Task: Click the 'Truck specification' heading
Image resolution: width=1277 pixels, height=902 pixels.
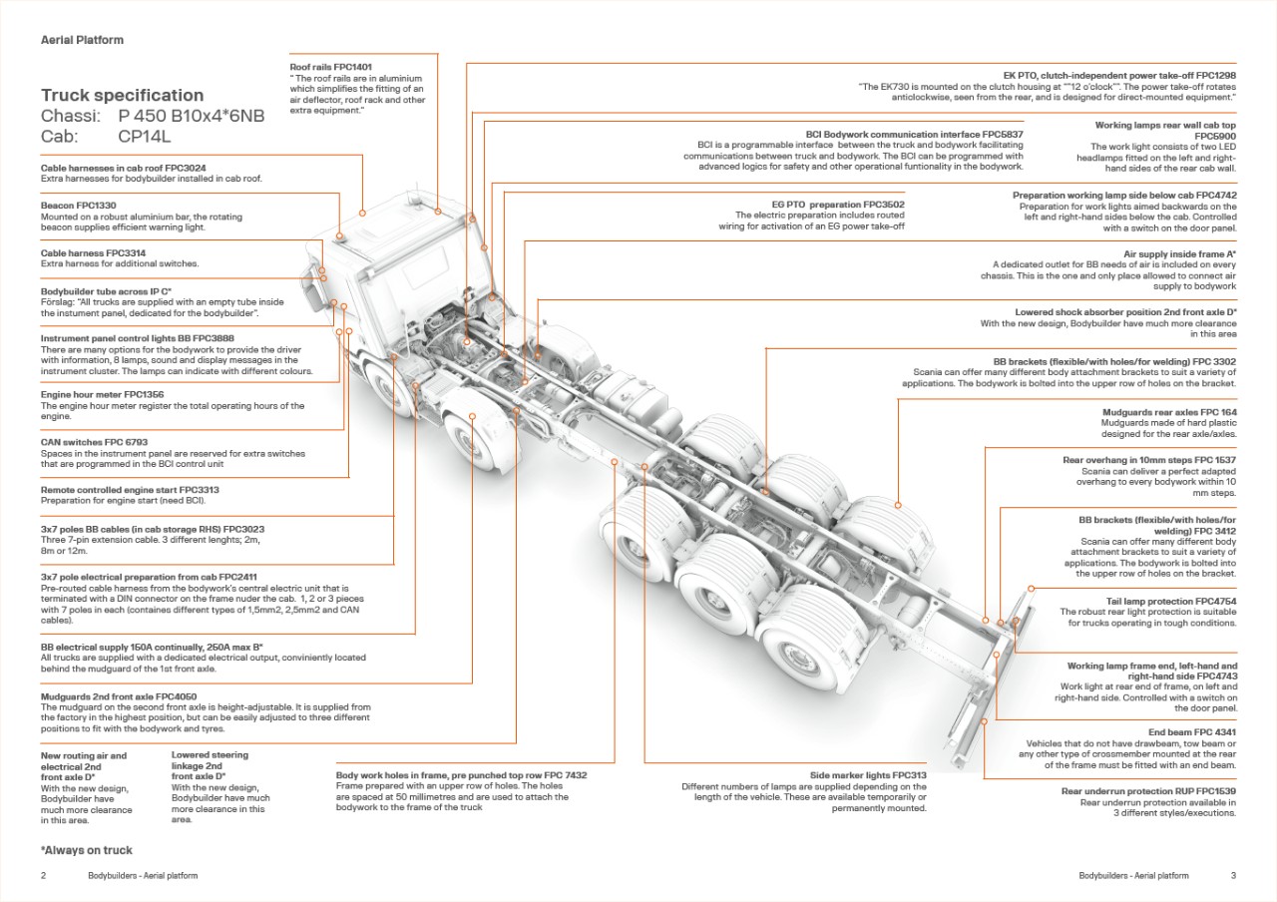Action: (122, 96)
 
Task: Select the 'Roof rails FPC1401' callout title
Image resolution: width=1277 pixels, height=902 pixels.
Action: (330, 67)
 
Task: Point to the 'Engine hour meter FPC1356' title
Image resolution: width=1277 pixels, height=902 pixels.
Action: (102, 395)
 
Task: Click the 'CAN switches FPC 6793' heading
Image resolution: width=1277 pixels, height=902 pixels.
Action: (94, 442)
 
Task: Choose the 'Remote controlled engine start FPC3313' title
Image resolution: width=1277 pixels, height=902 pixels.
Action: (130, 490)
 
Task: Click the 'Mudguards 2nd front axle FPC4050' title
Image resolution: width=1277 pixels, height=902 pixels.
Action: (119, 696)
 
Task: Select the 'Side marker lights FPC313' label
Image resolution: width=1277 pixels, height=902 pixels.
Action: (868, 775)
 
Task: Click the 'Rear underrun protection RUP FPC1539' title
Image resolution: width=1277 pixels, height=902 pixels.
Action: (1148, 791)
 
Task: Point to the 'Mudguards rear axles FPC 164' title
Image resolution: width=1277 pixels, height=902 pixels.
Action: (1169, 412)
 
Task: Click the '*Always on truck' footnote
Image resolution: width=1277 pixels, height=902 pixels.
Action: (86, 850)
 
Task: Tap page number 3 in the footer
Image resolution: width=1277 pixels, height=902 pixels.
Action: (1233, 876)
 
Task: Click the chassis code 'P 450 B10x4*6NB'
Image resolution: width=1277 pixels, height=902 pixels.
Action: (192, 117)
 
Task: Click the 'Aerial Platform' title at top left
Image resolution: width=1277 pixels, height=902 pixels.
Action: (82, 40)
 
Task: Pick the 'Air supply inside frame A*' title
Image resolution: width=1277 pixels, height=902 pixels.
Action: (1179, 254)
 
